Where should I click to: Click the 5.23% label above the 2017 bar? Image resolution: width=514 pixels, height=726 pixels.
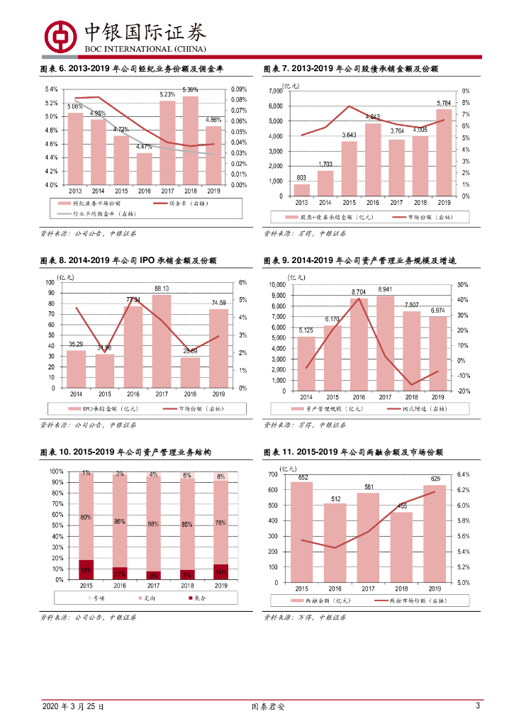[x=167, y=94]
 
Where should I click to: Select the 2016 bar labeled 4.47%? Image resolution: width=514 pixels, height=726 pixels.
[x=144, y=169]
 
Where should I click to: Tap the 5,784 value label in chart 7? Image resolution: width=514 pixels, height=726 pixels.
[x=444, y=103]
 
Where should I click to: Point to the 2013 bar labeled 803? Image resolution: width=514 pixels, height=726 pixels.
[x=301, y=190]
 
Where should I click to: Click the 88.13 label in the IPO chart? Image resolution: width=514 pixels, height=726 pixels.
[x=162, y=288]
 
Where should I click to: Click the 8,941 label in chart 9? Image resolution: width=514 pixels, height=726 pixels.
[x=384, y=289]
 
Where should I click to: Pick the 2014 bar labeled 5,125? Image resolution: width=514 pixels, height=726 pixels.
[x=306, y=363]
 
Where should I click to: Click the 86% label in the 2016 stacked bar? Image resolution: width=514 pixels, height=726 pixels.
[x=119, y=522]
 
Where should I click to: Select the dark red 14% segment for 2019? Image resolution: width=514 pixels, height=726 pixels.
[x=220, y=572]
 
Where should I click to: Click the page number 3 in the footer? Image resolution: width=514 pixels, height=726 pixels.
[x=478, y=706]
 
